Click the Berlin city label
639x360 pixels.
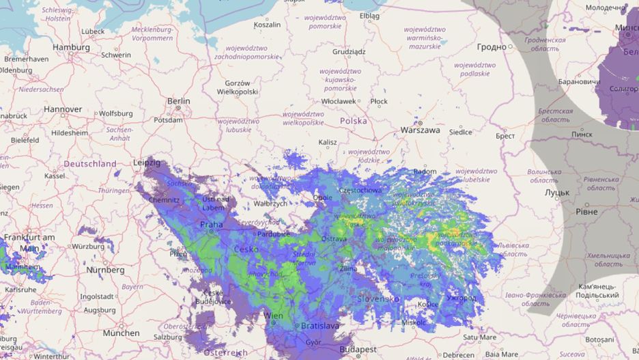tap(179, 101)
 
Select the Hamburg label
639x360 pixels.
tap(71, 47)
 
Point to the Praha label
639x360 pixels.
tap(211, 224)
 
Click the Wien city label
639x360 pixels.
tap(273, 316)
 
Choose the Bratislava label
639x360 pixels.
tap(319, 326)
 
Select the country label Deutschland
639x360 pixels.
tap(90, 164)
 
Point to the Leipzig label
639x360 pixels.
tap(147, 163)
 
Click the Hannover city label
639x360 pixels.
tap(63, 109)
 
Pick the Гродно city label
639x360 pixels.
tap(492, 46)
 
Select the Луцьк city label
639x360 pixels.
tap(556, 193)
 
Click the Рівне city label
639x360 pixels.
tap(586, 212)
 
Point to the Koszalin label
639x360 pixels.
tap(266, 25)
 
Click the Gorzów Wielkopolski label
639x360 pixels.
tap(238, 87)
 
